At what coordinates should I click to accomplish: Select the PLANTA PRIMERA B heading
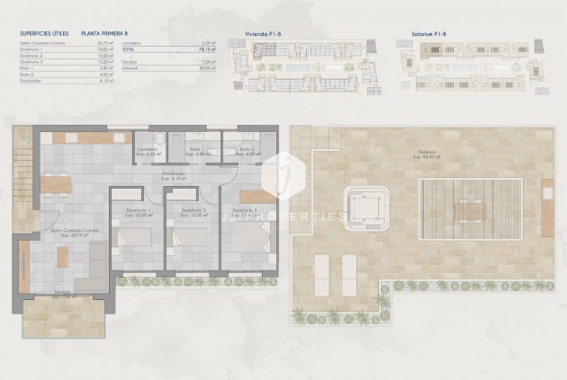point(103,32)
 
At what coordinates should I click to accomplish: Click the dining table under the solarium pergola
point(472,210)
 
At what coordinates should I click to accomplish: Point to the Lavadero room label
point(148,150)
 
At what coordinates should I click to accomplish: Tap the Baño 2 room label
point(246,150)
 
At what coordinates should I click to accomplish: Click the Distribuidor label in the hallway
point(174,175)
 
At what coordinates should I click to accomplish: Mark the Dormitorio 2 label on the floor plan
point(193,212)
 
